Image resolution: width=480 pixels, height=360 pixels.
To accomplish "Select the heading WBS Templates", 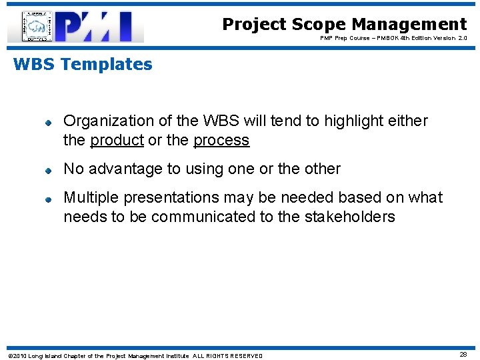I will (x=83, y=65).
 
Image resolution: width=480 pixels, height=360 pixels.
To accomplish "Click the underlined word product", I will (x=117, y=140).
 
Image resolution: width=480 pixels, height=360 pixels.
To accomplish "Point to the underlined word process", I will (x=221, y=140).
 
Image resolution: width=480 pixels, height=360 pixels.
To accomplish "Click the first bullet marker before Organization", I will (x=49, y=122).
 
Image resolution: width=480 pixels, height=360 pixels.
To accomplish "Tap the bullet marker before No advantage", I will (x=49, y=170).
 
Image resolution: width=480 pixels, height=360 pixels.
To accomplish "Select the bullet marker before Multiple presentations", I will (x=49, y=199).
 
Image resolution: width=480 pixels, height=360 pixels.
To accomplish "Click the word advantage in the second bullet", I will (x=127, y=169).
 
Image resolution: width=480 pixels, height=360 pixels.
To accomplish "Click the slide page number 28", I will (x=462, y=355).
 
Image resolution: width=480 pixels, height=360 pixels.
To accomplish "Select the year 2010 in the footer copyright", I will (x=19, y=355).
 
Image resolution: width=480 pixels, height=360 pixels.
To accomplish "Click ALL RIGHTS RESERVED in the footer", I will (x=227, y=355).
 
